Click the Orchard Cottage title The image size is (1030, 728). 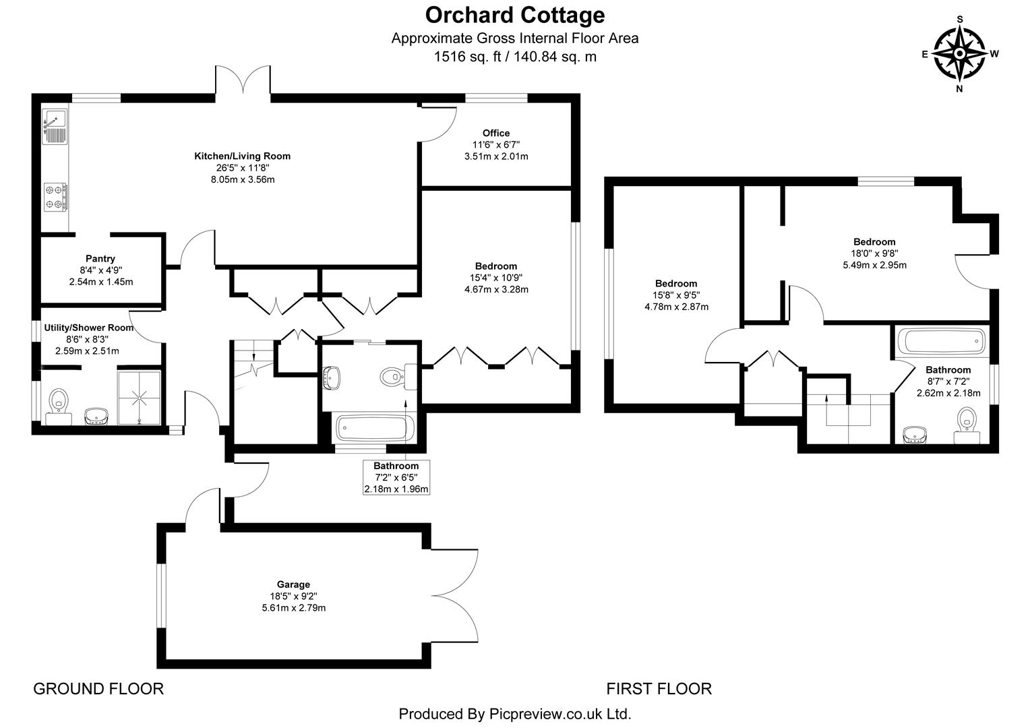pyautogui.click(x=515, y=15)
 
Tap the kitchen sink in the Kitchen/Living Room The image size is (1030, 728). pyautogui.click(x=54, y=126)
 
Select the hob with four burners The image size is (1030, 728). pyautogui.click(x=55, y=196)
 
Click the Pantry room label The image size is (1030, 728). pyautogui.click(x=100, y=258)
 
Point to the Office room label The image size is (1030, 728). pyautogui.click(x=496, y=133)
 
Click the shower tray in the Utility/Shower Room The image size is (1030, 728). pyautogui.click(x=140, y=397)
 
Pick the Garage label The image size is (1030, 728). pyautogui.click(x=293, y=584)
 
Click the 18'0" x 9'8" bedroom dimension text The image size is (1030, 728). pyautogui.click(x=874, y=253)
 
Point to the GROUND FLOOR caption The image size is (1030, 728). pyautogui.click(x=98, y=688)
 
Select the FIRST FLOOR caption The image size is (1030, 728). pyautogui.click(x=659, y=688)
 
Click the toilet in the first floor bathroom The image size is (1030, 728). pyautogui.click(x=967, y=427)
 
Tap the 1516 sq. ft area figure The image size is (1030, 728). pyautogui.click(x=465, y=57)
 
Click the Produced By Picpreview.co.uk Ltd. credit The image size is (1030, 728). pyautogui.click(x=515, y=713)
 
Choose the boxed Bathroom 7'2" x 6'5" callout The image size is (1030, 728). pyautogui.click(x=396, y=477)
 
